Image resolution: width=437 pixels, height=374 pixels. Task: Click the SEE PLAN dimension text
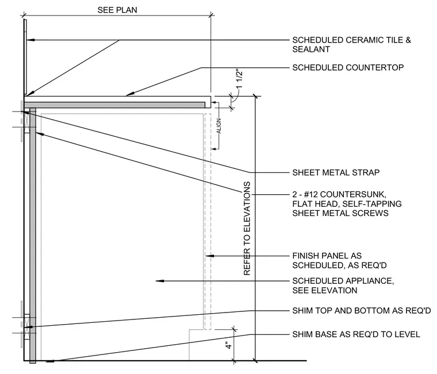point(117,10)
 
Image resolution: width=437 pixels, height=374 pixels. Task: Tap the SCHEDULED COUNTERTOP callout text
point(348,68)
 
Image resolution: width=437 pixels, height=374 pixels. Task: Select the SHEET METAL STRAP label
point(336,173)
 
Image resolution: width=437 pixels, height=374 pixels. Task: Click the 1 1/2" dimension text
point(239,78)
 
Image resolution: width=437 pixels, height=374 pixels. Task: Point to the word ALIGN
point(218,126)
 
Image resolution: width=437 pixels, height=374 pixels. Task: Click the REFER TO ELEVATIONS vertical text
point(247,228)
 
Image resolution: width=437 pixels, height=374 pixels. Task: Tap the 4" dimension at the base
point(229,346)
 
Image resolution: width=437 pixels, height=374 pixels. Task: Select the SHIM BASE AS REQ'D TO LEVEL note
point(356,334)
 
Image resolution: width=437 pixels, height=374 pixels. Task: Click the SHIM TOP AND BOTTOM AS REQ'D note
point(362,310)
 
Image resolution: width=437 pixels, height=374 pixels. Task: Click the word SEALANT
point(311,49)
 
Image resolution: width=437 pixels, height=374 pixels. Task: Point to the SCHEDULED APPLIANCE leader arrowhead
point(160,281)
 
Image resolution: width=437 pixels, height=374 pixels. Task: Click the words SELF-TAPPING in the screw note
point(372,204)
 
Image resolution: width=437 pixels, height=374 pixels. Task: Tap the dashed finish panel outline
point(208,221)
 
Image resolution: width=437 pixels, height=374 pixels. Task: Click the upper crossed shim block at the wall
point(26,119)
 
